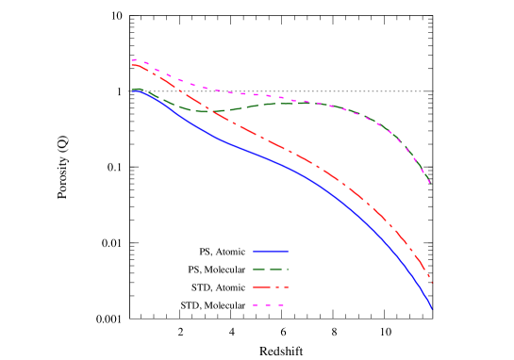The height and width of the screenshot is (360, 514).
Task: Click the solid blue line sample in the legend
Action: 271,252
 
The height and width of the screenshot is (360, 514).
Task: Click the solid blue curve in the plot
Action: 283,164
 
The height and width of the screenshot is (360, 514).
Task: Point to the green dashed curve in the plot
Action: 283,103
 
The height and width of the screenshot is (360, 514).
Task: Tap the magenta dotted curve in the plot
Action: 236,93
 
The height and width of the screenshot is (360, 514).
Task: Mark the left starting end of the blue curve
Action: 133,90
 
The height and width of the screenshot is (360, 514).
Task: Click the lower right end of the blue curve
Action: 431,307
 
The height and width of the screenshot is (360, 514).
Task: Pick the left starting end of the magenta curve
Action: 133,60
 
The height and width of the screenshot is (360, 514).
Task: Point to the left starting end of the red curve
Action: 133,64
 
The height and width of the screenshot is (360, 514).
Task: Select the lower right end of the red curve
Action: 432,281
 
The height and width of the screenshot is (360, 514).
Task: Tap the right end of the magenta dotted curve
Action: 430,182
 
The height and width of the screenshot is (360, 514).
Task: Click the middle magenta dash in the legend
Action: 268,304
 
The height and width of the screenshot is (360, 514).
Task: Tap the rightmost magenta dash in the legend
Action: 280,304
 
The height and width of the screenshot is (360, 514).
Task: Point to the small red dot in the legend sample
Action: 277,286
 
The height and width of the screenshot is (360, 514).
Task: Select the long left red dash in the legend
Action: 262,286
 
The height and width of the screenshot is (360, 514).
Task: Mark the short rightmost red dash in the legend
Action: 286,286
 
